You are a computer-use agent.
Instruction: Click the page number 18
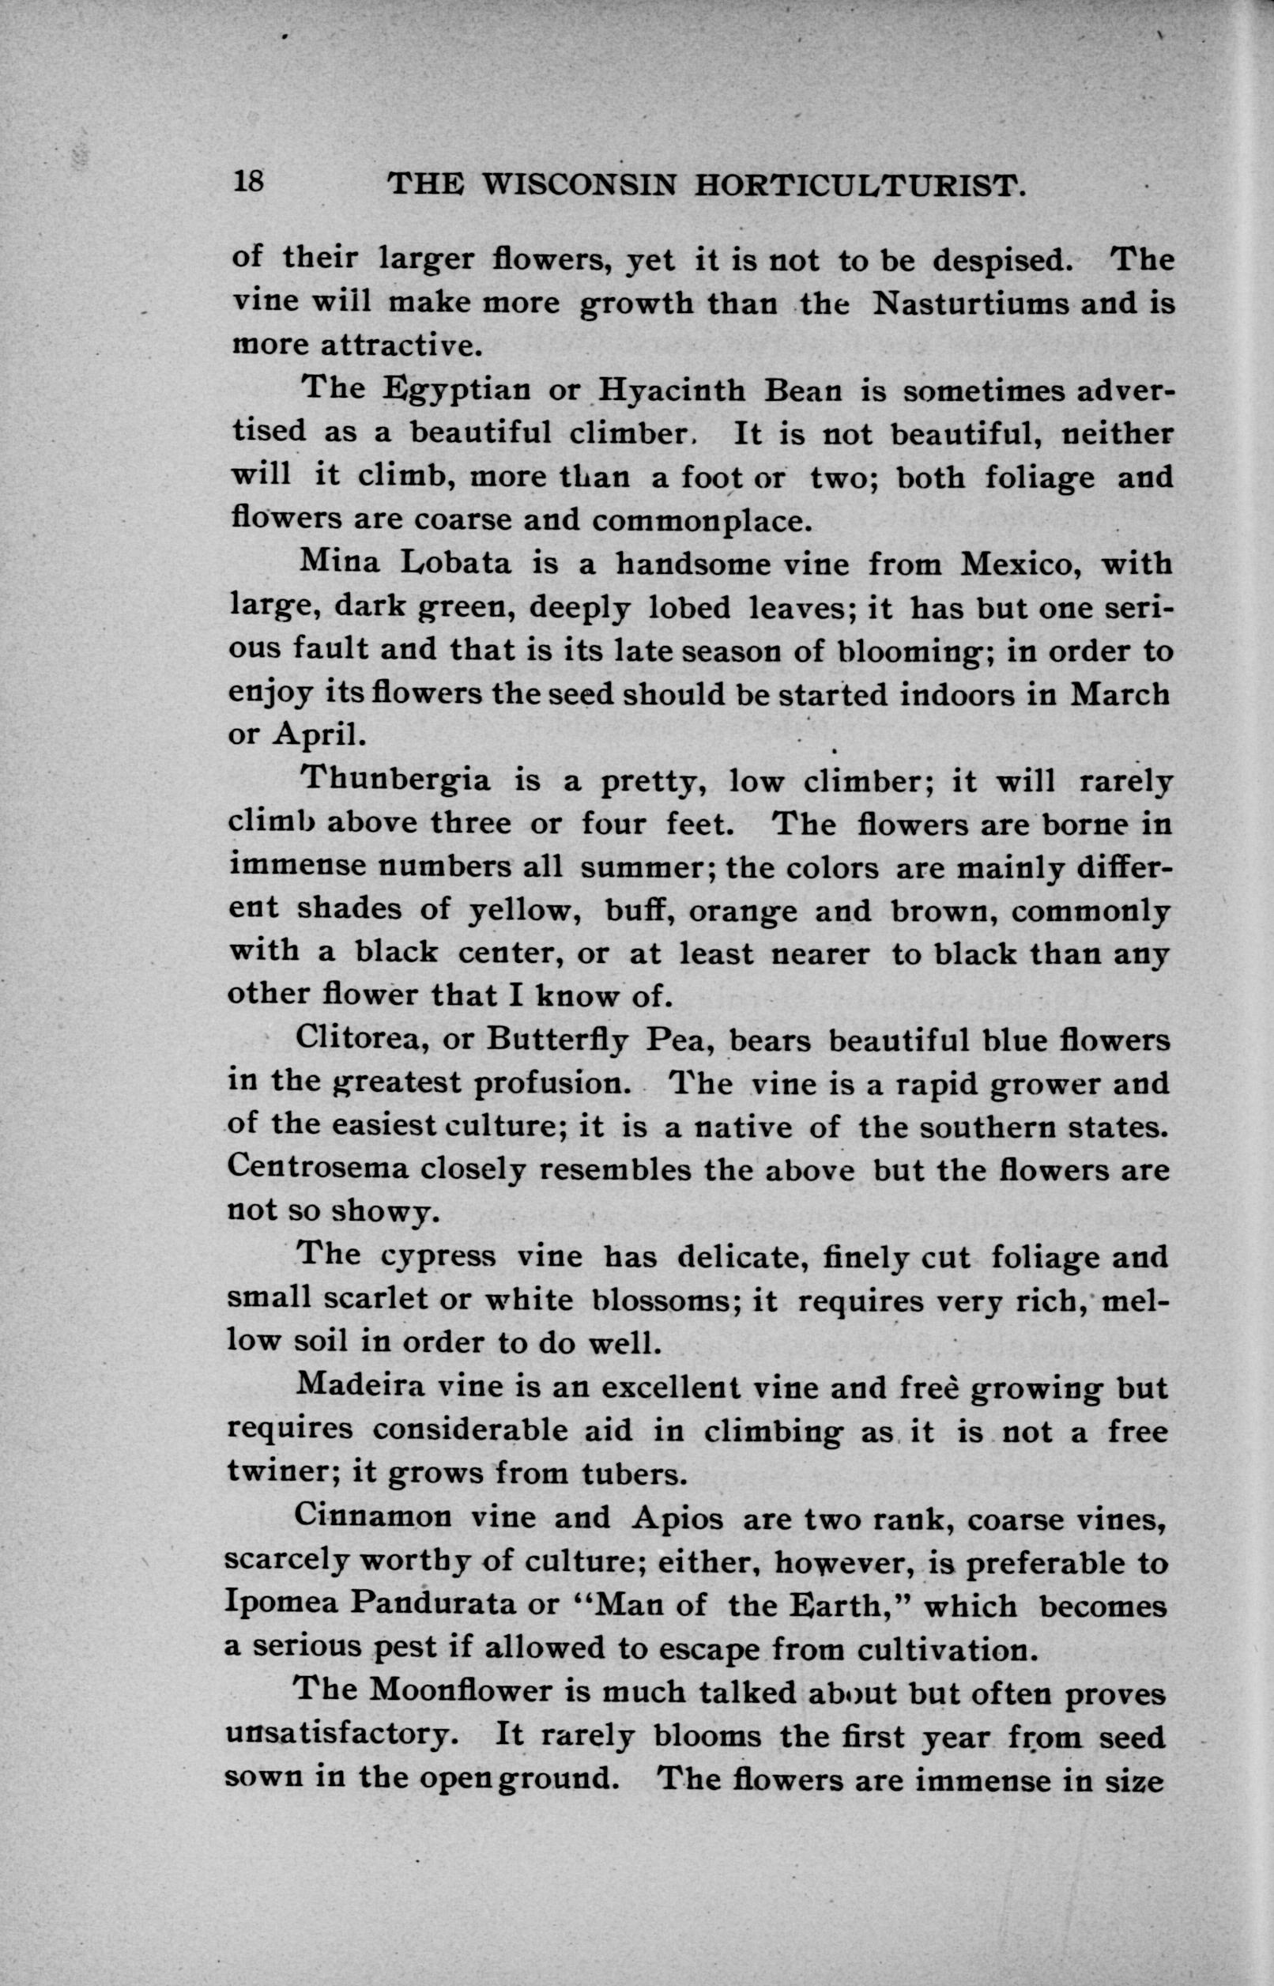248,181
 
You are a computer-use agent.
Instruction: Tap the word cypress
438,1257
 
